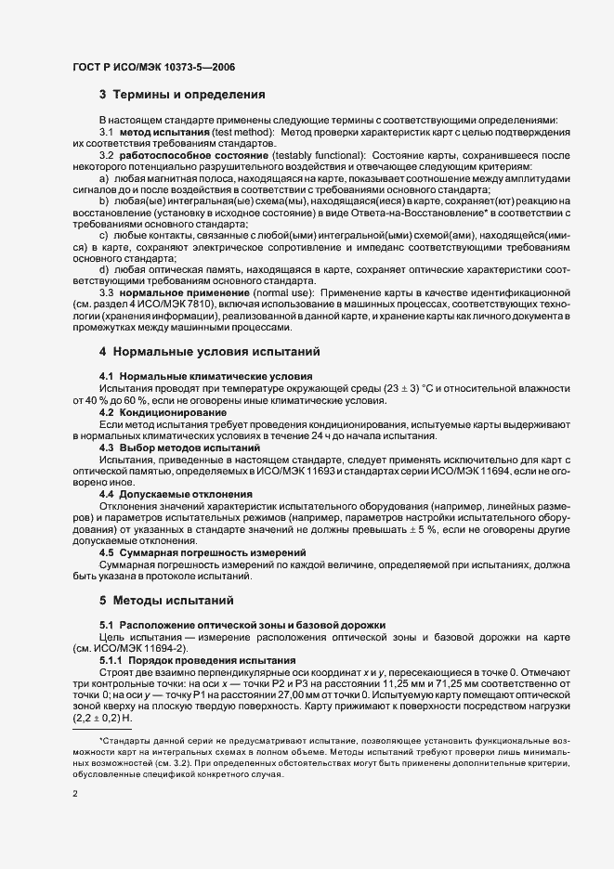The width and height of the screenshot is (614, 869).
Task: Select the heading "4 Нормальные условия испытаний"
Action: (210, 353)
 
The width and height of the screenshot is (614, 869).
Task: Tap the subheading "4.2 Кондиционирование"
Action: (163, 411)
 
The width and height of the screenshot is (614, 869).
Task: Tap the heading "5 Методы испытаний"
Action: (161, 600)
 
